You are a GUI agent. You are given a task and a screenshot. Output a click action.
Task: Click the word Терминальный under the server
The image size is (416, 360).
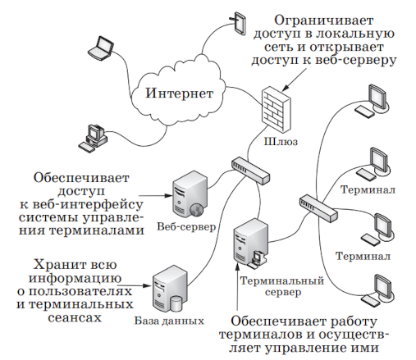[x=272, y=280]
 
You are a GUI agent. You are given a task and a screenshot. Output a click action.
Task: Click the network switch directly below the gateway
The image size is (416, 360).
[x=249, y=169]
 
